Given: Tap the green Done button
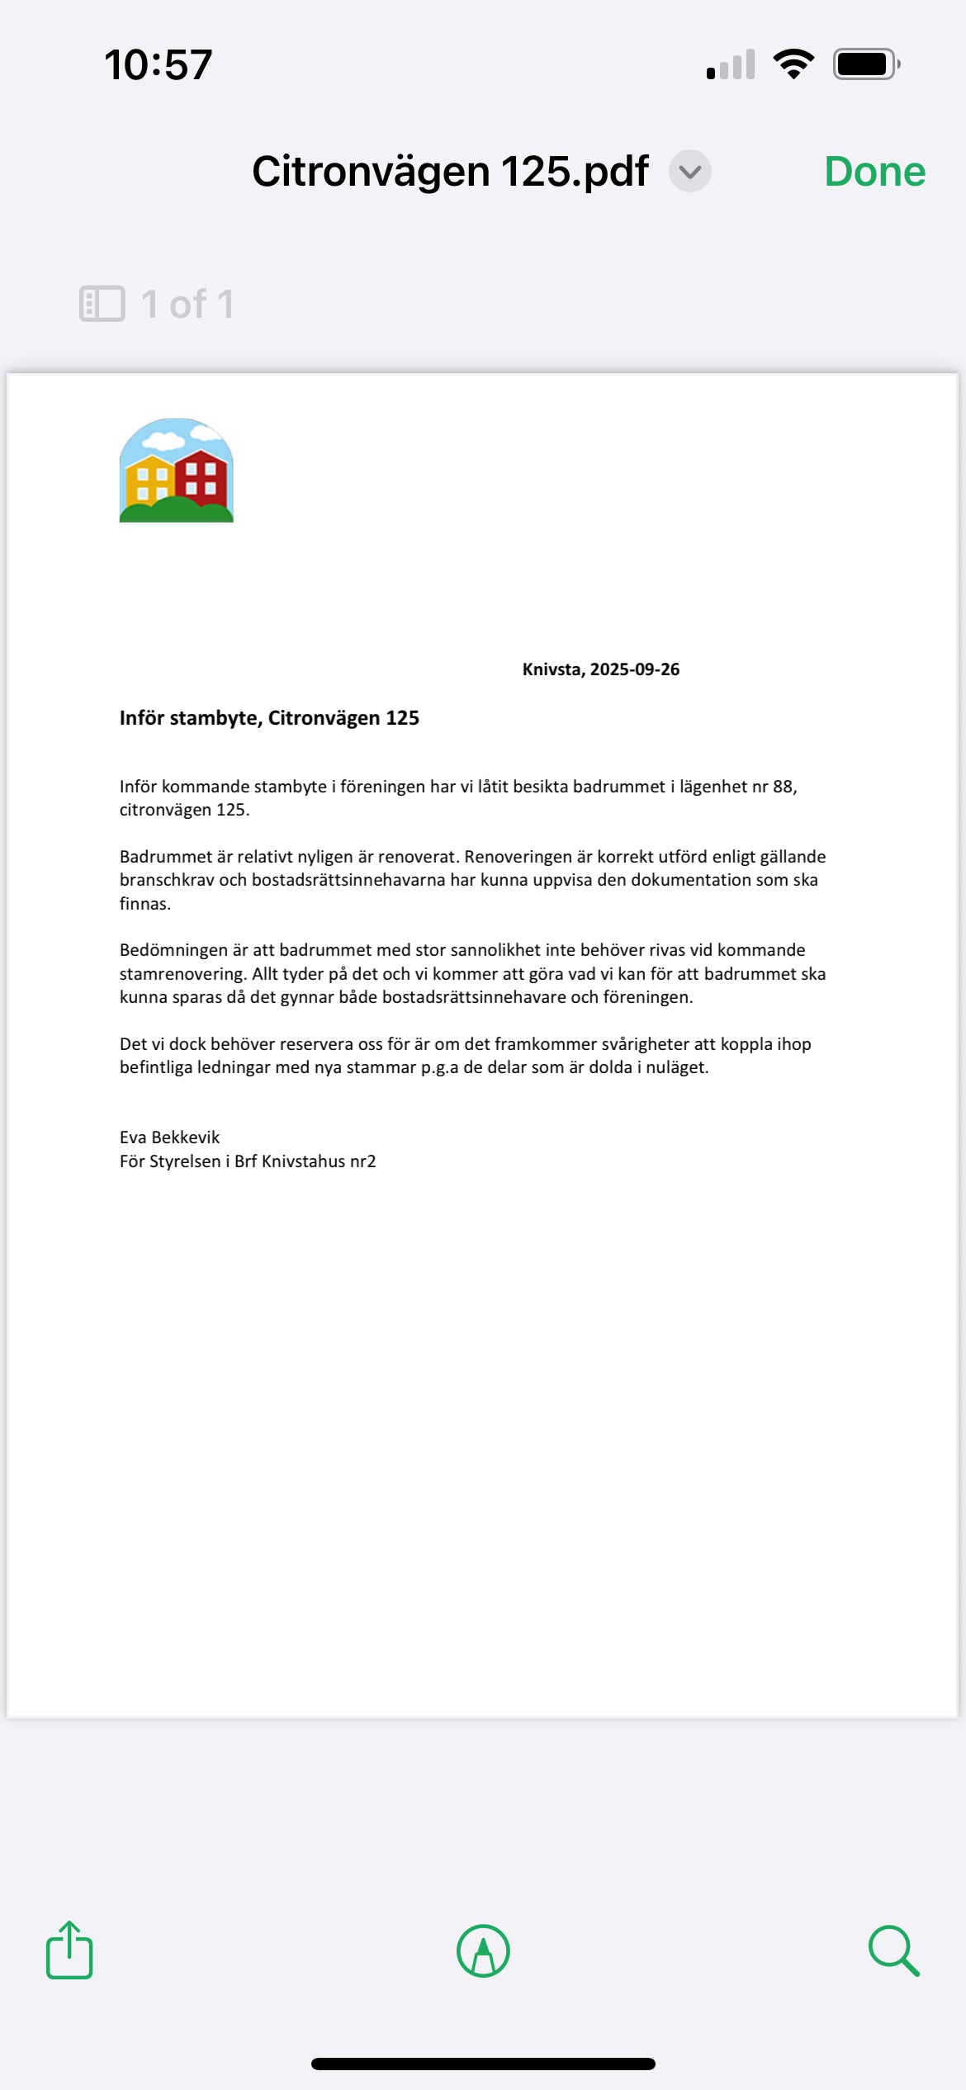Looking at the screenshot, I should pos(874,172).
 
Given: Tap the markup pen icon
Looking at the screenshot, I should pos(483,1951).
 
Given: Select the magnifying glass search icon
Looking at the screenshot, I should pos(893,1951).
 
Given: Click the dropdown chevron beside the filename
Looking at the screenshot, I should pos(690,172).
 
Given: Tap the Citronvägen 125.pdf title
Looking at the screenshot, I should pos(450,172).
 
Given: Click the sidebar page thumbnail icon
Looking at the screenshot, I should pos(102,304).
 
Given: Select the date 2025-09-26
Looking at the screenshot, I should pos(635,669).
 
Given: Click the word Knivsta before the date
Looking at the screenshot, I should pos(552,669).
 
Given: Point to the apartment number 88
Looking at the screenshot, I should pos(783,787).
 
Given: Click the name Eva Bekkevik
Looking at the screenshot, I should pos(169,1137).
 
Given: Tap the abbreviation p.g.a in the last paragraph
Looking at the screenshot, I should pos(439,1067).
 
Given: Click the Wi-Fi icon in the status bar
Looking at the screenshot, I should pos(793,64).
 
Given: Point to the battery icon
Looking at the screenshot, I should pos(865,64).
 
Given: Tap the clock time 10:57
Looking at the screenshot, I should pos(158,64).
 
